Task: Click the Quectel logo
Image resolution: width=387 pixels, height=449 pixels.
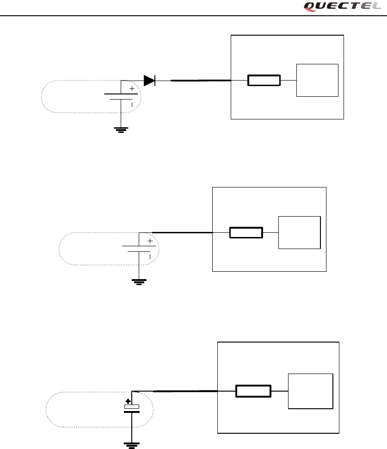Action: point(343,6)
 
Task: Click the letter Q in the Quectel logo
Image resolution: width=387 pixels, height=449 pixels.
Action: point(310,6)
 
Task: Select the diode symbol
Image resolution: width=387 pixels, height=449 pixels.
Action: point(149,81)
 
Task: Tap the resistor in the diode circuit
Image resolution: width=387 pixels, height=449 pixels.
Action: point(264,81)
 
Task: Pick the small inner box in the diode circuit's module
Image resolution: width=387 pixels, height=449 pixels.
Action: point(317,80)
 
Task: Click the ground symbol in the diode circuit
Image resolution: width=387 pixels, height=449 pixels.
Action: point(121,129)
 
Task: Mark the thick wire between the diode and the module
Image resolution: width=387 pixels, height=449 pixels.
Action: point(201,81)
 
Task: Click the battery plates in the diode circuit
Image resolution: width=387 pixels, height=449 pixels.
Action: point(121,96)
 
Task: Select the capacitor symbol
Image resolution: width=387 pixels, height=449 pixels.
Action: point(132,408)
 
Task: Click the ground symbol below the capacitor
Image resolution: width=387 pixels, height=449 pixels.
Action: point(132,445)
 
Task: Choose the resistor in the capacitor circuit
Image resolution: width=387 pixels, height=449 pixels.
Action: point(253,391)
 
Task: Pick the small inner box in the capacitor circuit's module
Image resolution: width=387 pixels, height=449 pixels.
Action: point(310,391)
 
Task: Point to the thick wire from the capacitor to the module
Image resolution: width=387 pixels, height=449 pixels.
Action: point(185,391)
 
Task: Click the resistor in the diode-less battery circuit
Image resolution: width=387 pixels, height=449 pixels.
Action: point(246,232)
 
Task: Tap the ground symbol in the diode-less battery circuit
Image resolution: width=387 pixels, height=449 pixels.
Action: point(139,281)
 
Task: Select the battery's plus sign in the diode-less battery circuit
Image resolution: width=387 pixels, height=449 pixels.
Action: point(150,241)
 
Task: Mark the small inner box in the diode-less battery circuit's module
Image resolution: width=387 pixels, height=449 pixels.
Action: point(299,232)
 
